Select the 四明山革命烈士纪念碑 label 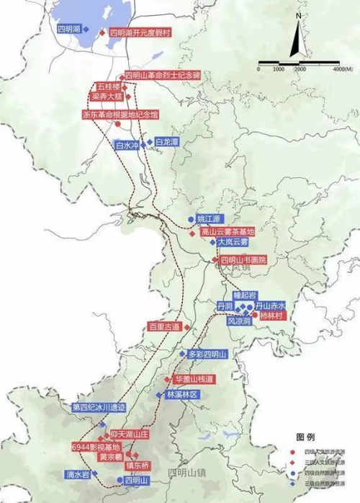164,75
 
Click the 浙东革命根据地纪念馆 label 120,114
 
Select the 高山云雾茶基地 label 228,231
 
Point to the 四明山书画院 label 243,259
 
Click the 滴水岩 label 75,475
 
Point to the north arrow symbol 296,39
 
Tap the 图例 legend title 305,437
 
